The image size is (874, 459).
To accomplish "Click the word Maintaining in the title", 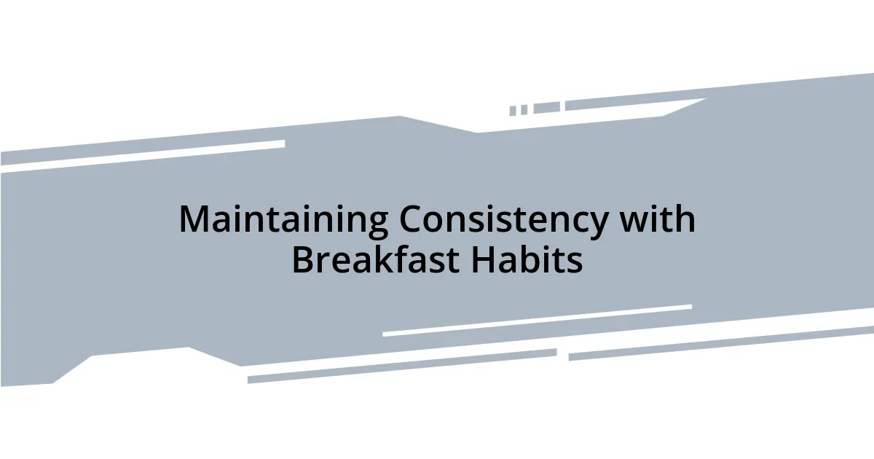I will (x=283, y=221).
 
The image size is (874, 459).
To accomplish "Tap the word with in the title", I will (x=658, y=219).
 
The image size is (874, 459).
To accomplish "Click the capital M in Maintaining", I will (x=194, y=220).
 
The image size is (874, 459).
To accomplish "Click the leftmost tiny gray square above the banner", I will (x=513, y=111).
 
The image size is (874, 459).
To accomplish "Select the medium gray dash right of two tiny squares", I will (x=546, y=108).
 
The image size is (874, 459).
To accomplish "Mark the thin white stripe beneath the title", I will (x=537, y=321).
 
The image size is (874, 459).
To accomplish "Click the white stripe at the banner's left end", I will (x=142, y=154).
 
